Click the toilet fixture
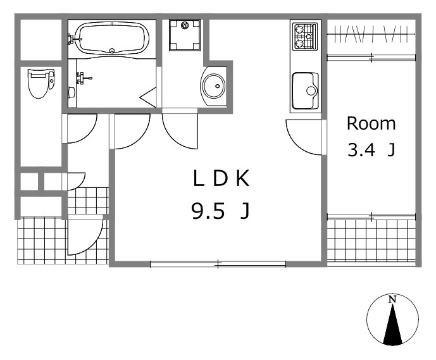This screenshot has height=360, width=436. (41, 84)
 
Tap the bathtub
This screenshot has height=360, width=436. (112, 38)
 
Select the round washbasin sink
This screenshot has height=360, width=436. (214, 86)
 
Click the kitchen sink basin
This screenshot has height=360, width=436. (305, 91)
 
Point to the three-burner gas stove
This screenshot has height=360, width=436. (306, 37)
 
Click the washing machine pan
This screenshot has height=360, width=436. (185, 35)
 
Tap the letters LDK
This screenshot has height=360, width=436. (221, 178)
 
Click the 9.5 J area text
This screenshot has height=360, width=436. (220, 211)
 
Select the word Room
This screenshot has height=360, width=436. (371, 123)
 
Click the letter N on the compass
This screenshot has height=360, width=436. (392, 299)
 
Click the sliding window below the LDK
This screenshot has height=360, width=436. (218, 264)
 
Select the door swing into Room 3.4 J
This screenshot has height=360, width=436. (304, 137)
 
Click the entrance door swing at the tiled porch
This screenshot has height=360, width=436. (85, 235)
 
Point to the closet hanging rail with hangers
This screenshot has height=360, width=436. (371, 34)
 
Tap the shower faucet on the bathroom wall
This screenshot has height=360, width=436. (84, 78)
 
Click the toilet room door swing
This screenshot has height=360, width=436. (80, 128)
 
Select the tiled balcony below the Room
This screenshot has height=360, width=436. (371, 241)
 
